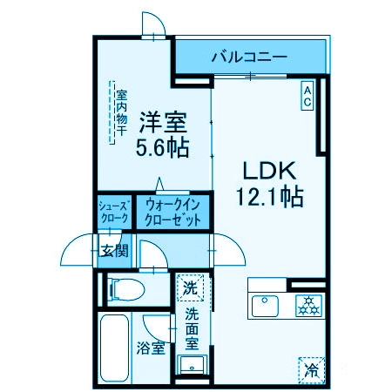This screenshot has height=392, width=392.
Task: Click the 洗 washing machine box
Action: (x=189, y=286)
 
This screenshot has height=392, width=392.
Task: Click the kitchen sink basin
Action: (x=265, y=306)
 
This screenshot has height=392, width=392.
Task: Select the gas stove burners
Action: (x=308, y=306)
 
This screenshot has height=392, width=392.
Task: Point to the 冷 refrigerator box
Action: (x=311, y=368)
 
